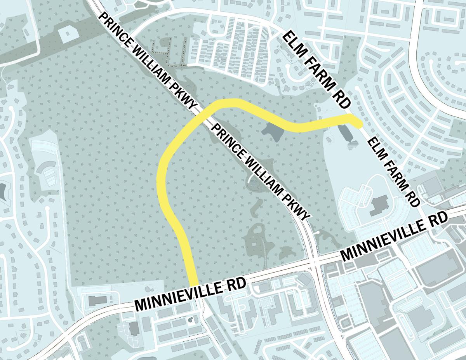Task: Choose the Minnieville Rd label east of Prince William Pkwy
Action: click(x=394, y=237)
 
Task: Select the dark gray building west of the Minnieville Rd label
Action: click(x=96, y=301)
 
